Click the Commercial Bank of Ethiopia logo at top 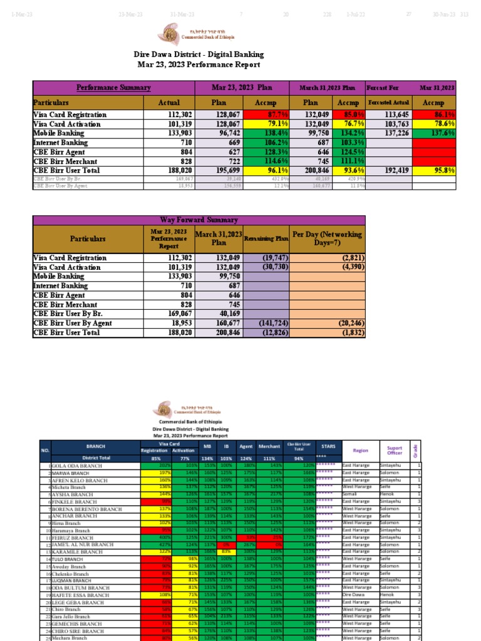point(169,34)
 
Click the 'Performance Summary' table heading point(113,88)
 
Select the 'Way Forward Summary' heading point(199,220)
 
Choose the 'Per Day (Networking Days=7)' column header point(328,238)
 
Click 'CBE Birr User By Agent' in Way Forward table point(73,323)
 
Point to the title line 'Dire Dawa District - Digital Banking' point(199,54)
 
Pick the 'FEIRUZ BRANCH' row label point(72,538)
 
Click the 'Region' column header point(360,450)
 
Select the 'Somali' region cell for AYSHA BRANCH point(348,495)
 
